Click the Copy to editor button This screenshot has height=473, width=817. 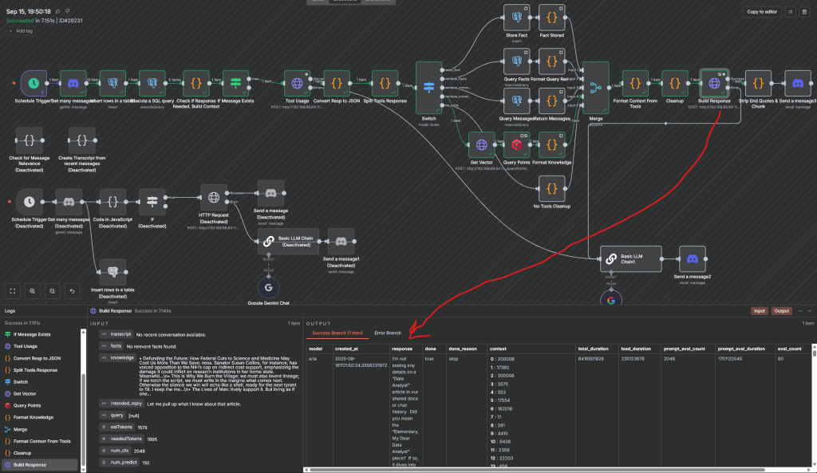tap(761, 12)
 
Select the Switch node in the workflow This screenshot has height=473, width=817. tap(428, 88)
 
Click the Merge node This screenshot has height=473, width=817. tap(594, 88)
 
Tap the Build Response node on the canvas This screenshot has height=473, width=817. tap(714, 82)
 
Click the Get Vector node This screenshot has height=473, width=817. tap(481, 145)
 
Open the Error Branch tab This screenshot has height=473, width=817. tap(388, 333)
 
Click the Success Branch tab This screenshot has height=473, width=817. tap(336, 333)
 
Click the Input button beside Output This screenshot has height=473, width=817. tap(760, 311)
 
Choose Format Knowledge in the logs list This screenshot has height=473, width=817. tap(32, 417)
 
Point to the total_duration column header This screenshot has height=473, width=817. tap(594, 349)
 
